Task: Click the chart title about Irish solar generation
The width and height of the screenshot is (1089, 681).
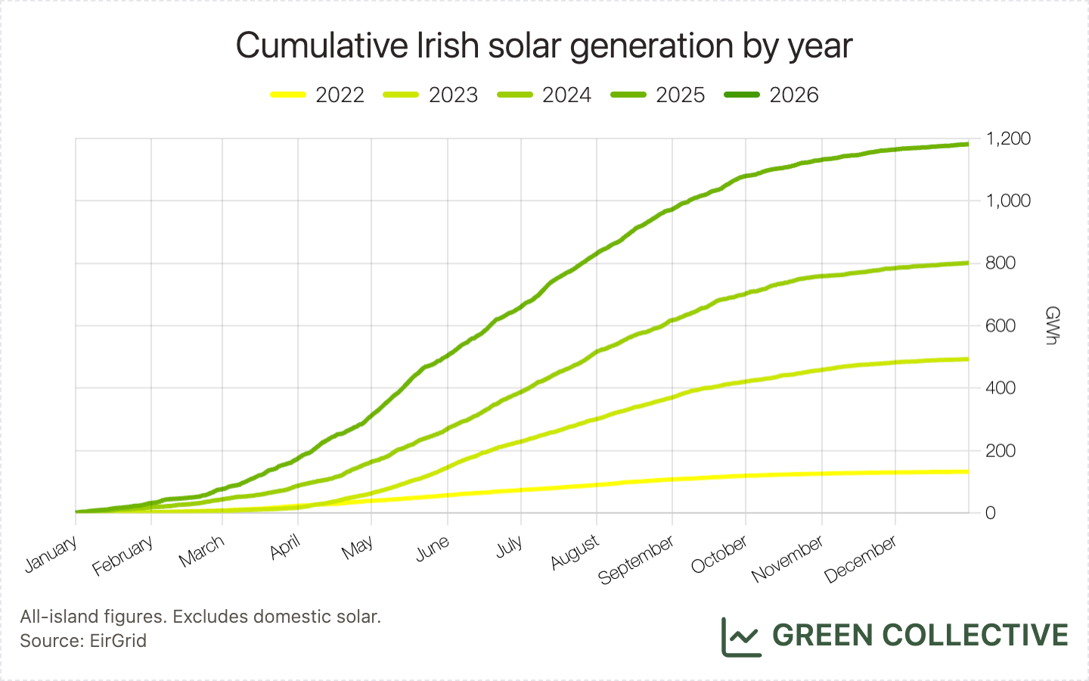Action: tap(544, 45)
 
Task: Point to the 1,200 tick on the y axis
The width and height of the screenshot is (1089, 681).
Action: tap(1008, 138)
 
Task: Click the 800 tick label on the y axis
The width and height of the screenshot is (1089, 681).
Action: tap(1001, 263)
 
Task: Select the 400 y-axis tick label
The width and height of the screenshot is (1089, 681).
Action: tap(1001, 388)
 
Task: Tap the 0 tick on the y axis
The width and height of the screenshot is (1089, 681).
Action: tap(991, 513)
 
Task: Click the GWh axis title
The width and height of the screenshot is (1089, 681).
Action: tap(1051, 325)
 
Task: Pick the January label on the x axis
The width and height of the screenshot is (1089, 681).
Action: tap(51, 554)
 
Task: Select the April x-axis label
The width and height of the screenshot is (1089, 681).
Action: tap(285, 547)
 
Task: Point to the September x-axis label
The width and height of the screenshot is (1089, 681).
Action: tap(636, 561)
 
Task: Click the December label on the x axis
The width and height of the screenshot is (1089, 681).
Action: tap(861, 559)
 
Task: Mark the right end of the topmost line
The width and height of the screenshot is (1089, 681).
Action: tap(968, 144)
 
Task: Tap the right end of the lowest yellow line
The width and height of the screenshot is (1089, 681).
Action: tap(968, 471)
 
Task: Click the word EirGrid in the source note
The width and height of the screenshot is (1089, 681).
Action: tap(118, 641)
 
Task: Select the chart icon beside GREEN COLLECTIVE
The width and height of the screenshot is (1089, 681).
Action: tap(740, 636)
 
